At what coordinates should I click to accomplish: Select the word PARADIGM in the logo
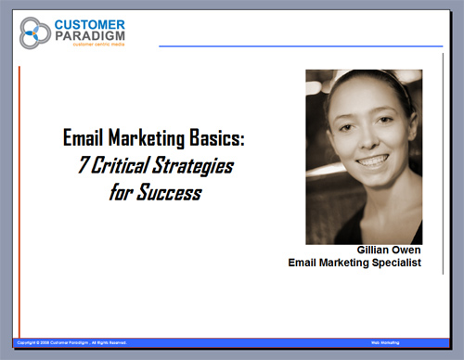[x=90, y=37]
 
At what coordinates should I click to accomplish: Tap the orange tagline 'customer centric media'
[x=90, y=48]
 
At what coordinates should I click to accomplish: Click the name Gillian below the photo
[x=376, y=251]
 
